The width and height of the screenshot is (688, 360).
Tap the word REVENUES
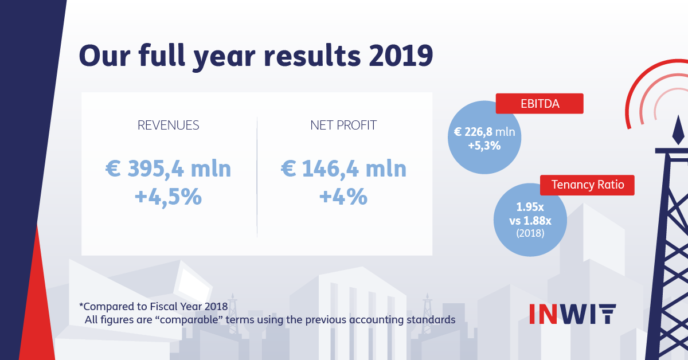(x=169, y=126)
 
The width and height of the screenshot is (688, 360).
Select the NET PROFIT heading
(x=343, y=126)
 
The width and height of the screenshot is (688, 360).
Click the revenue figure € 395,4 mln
(x=169, y=169)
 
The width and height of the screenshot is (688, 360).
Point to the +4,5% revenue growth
(x=168, y=197)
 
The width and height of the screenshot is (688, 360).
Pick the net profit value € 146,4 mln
(x=343, y=169)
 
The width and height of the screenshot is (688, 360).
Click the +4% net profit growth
(x=343, y=197)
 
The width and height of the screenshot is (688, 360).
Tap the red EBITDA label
(x=539, y=104)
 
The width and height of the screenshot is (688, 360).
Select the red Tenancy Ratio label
(x=588, y=185)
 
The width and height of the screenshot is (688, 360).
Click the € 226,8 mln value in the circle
(x=484, y=132)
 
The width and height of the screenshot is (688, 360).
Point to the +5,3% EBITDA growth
(x=484, y=146)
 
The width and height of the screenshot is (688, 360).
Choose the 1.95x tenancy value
(x=530, y=208)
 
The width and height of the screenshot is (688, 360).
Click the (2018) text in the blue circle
(x=530, y=233)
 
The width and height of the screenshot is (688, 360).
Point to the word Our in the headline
(x=103, y=56)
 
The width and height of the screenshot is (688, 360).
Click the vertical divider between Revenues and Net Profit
(x=257, y=178)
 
